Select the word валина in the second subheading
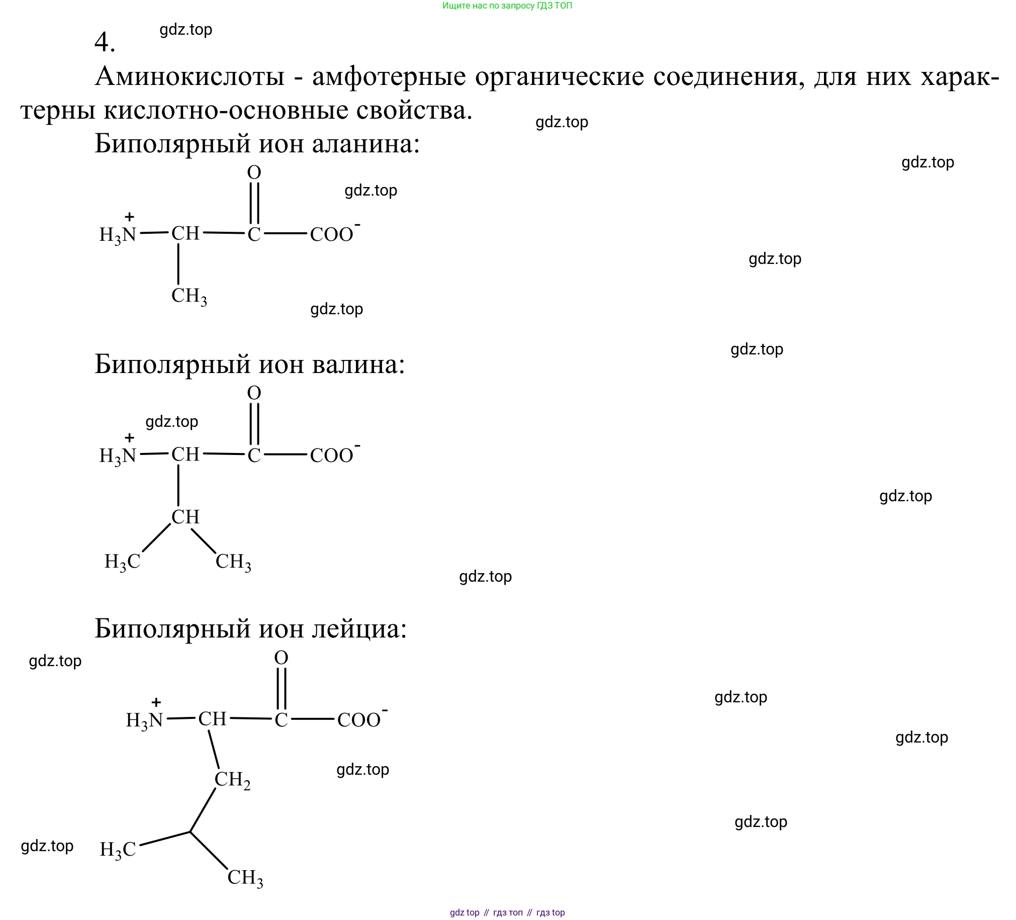358,364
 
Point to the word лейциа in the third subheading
358,628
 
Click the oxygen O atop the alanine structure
254,172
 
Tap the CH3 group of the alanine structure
189,296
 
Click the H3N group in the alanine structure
118,235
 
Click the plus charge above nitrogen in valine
130,437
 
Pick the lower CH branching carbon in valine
186,517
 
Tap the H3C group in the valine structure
122,562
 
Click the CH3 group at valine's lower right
233,562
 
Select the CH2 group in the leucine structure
232,780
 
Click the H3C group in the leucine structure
118,850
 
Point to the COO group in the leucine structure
359,720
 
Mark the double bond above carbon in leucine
281,688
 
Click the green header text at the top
507,6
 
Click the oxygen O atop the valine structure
254,393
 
